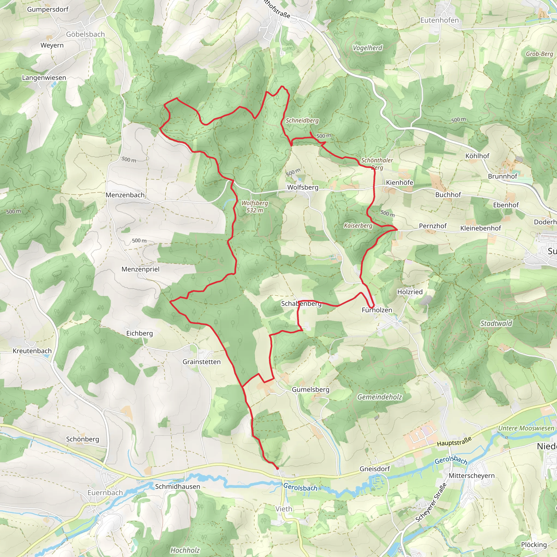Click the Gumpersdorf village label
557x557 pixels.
click(48, 9)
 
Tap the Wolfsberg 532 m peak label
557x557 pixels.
click(255, 206)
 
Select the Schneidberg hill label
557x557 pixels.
click(302, 120)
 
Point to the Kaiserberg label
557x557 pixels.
click(358, 225)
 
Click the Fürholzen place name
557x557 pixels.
click(377, 310)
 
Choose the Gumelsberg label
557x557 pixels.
click(310, 389)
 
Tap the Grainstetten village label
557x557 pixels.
click(201, 362)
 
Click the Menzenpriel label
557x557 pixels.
click(140, 269)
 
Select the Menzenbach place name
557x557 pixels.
click(125, 195)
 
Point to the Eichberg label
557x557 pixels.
click(139, 333)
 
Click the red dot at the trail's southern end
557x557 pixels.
click(277, 469)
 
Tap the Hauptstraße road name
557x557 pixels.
click(454, 441)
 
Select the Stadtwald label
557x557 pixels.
click(496, 323)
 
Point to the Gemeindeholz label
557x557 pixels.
click(379, 397)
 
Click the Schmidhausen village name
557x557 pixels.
click(177, 486)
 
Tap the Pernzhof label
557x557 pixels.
click(432, 226)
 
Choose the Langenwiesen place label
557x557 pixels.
click(44, 78)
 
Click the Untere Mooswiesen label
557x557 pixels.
click(526, 428)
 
